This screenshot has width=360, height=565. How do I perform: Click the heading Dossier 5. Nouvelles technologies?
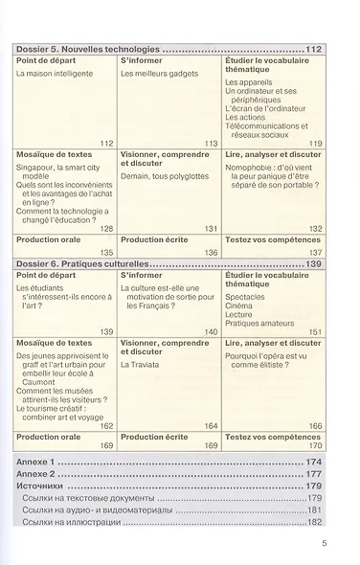(x=87, y=48)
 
